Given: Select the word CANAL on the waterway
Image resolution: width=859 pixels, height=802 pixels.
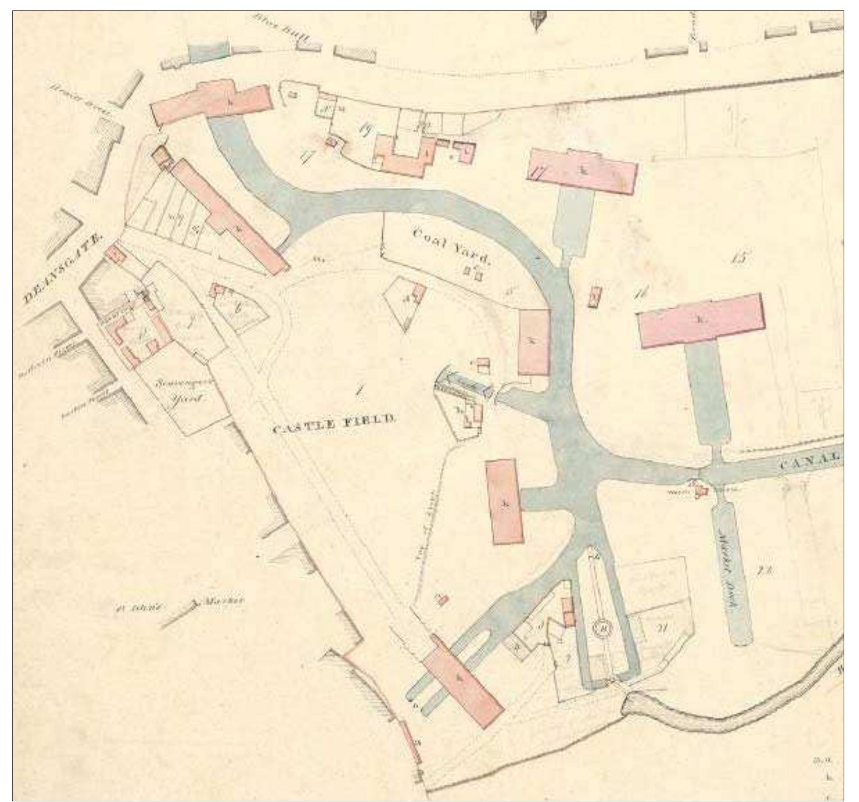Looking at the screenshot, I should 811,464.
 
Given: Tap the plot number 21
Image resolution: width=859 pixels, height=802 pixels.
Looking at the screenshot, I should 661,628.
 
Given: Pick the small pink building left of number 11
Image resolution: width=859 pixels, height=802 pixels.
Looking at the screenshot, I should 596,297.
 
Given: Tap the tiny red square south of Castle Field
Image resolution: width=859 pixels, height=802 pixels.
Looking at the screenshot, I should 443,600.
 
